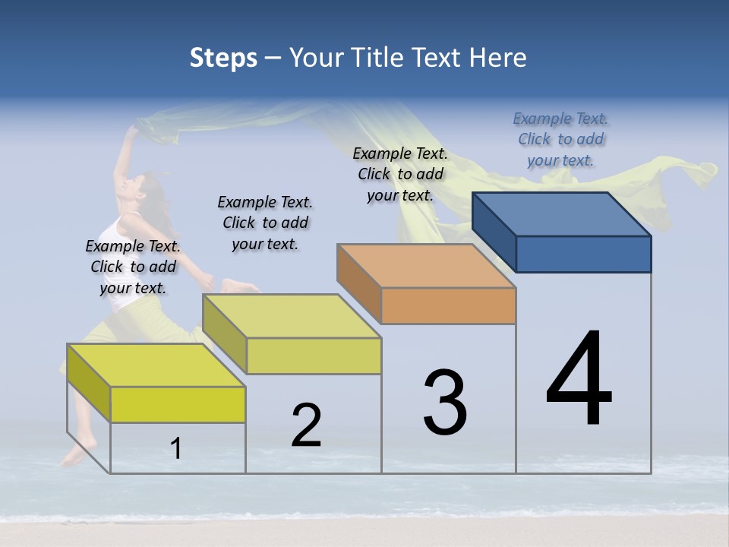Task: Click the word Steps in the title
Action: pos(222,58)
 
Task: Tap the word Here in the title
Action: pos(497,58)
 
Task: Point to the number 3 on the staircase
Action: pos(444,403)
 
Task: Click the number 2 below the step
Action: pos(306,425)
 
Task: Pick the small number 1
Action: pos(176,449)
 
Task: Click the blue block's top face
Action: pos(562,213)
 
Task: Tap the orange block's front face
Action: pos(448,306)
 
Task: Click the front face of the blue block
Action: pos(583,254)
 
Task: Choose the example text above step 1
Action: pos(133,267)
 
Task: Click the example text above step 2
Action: pos(265,223)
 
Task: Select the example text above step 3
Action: pos(400,174)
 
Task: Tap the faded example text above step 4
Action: pos(560,139)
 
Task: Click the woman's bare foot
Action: pos(75,454)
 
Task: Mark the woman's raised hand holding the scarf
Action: pos(133,131)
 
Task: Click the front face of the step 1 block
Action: pos(178,404)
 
